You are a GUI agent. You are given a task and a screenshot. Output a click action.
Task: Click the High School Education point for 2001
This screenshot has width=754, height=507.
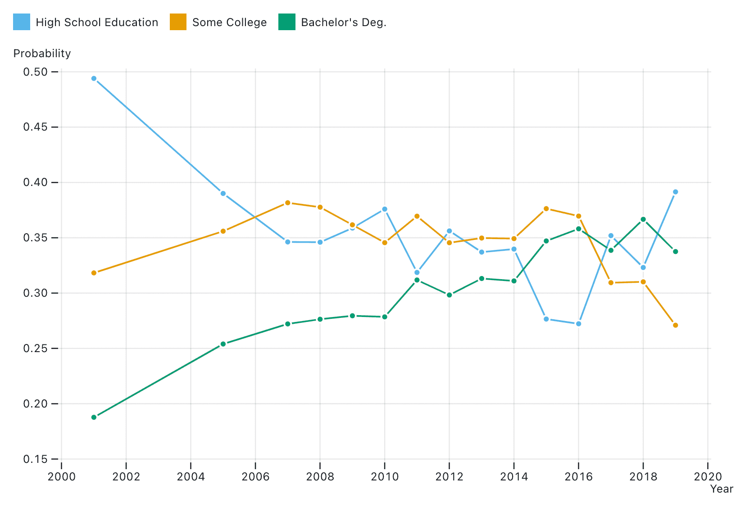click(x=94, y=78)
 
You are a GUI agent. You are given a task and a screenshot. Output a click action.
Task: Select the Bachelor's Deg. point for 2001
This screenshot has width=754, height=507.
click(x=94, y=417)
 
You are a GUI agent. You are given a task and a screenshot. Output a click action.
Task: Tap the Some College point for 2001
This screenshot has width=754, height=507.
click(x=94, y=273)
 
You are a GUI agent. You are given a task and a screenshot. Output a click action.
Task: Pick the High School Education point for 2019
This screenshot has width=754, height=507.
click(x=675, y=192)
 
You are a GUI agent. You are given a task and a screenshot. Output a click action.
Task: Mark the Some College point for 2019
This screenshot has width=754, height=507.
click(x=675, y=325)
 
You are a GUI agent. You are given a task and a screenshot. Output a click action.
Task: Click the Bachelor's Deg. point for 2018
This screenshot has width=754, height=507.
click(x=643, y=219)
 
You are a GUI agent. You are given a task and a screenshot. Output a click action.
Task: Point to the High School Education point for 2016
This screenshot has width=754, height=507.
click(x=578, y=324)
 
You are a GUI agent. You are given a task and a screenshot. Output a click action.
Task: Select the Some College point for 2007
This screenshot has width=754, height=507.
click(x=288, y=203)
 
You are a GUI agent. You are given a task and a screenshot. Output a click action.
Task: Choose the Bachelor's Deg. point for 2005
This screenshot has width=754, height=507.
click(x=223, y=344)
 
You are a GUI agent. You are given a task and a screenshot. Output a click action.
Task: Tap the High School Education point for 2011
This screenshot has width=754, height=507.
click(x=417, y=272)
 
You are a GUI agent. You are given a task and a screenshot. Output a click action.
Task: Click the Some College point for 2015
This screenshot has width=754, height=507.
click(x=546, y=208)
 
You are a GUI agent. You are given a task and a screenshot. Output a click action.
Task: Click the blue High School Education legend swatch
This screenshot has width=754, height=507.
click(x=22, y=22)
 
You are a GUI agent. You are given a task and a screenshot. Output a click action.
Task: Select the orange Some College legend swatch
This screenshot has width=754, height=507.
click(x=178, y=22)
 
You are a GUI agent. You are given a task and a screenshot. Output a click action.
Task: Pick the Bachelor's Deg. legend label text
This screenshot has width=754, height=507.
click(x=344, y=23)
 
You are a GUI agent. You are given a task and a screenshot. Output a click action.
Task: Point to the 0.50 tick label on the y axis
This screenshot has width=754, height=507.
click(x=35, y=72)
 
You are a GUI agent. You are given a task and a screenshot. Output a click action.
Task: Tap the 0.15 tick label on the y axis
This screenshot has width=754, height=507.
click(x=35, y=459)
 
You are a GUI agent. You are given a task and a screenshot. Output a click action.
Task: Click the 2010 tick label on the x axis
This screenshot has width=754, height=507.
click(x=385, y=477)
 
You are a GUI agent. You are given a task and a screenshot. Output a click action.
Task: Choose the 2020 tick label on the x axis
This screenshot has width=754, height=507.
click(x=708, y=477)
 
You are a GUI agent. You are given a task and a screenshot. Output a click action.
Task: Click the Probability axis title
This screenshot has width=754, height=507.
click(x=42, y=54)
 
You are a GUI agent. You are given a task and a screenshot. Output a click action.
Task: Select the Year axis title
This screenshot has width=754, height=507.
click(x=722, y=489)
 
